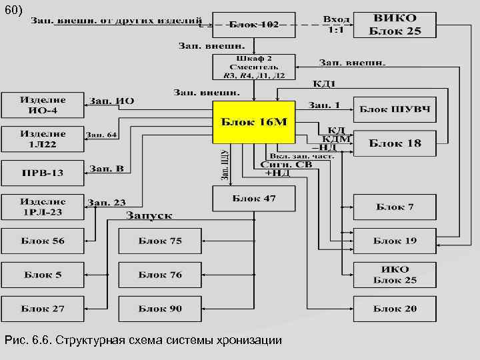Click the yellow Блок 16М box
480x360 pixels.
point(253,123)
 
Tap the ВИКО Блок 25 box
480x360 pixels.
point(395,25)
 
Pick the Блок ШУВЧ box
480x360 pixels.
point(395,108)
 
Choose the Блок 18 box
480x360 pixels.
point(395,143)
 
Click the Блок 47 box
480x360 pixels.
point(253,199)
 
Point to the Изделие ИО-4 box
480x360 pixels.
point(43,105)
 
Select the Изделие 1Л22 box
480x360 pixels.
point(43,139)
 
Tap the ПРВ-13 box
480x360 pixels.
point(43,173)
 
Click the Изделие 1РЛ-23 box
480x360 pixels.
point(43,207)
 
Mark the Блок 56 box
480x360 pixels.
point(43,241)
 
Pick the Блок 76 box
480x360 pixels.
point(160,275)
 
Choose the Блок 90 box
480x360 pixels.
point(160,309)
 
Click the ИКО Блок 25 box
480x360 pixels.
point(395,275)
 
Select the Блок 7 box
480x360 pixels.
point(395,207)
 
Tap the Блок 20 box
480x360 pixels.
point(395,309)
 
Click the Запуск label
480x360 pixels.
point(149,216)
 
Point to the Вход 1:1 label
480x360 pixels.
point(336,25)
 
